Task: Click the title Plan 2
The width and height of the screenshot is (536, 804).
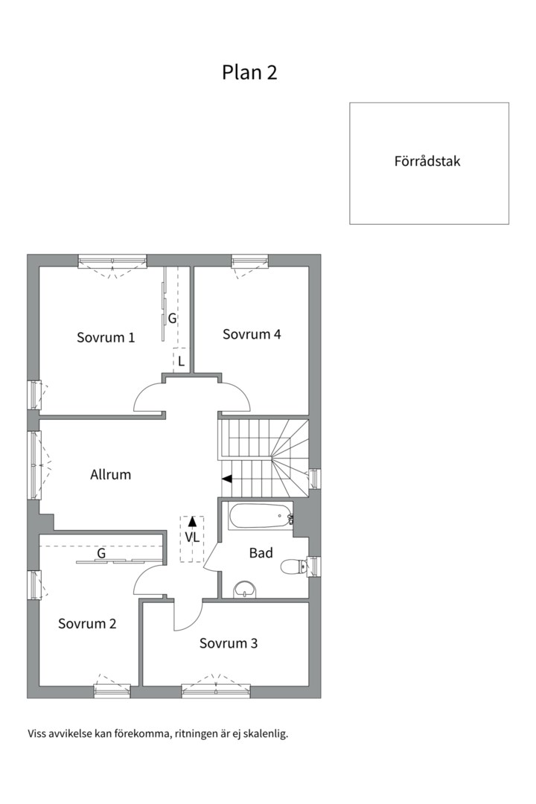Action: (x=249, y=72)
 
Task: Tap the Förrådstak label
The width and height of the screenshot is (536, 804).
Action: (x=427, y=161)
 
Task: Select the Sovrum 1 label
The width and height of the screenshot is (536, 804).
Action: (x=106, y=337)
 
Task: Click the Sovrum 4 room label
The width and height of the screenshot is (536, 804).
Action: (x=252, y=334)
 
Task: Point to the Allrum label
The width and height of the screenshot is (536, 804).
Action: (x=110, y=474)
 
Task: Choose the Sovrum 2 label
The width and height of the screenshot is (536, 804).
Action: (x=87, y=624)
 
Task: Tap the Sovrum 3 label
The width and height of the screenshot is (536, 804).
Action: (x=229, y=643)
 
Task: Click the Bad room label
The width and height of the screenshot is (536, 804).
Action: (x=261, y=553)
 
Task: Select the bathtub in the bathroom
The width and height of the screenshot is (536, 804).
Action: (x=259, y=515)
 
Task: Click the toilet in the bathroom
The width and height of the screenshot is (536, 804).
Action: (x=293, y=567)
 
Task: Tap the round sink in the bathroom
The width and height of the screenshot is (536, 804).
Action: (x=245, y=590)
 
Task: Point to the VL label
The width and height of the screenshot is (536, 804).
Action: (x=192, y=537)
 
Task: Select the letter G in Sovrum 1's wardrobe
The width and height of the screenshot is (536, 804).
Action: (x=172, y=319)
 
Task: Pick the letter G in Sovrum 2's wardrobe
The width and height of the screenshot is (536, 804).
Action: (x=100, y=554)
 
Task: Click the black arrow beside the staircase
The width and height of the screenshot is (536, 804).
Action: (x=227, y=479)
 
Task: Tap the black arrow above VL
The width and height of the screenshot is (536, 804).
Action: (x=192, y=521)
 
